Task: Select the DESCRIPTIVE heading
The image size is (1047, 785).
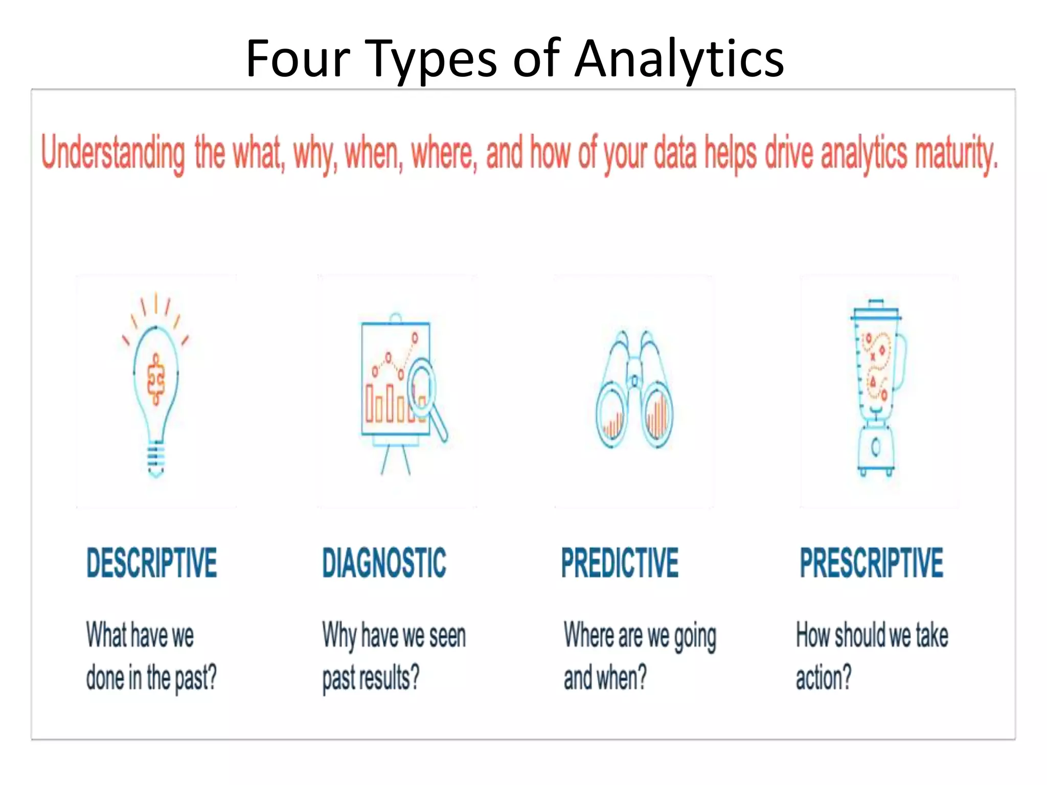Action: tap(152, 563)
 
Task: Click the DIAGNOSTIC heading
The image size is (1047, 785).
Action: tap(384, 563)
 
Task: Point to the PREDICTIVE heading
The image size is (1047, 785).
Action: tap(620, 563)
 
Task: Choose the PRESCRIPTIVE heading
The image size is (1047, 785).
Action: tap(871, 563)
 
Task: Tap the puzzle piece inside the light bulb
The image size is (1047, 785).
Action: tap(156, 379)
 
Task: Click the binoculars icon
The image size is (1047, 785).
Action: tap(634, 391)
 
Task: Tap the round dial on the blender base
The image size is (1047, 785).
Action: tap(876, 447)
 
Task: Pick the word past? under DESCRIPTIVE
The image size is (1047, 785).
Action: tap(196, 678)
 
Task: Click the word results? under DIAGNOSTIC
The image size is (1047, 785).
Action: tap(389, 678)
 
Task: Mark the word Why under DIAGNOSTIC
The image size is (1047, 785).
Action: tap(339, 636)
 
